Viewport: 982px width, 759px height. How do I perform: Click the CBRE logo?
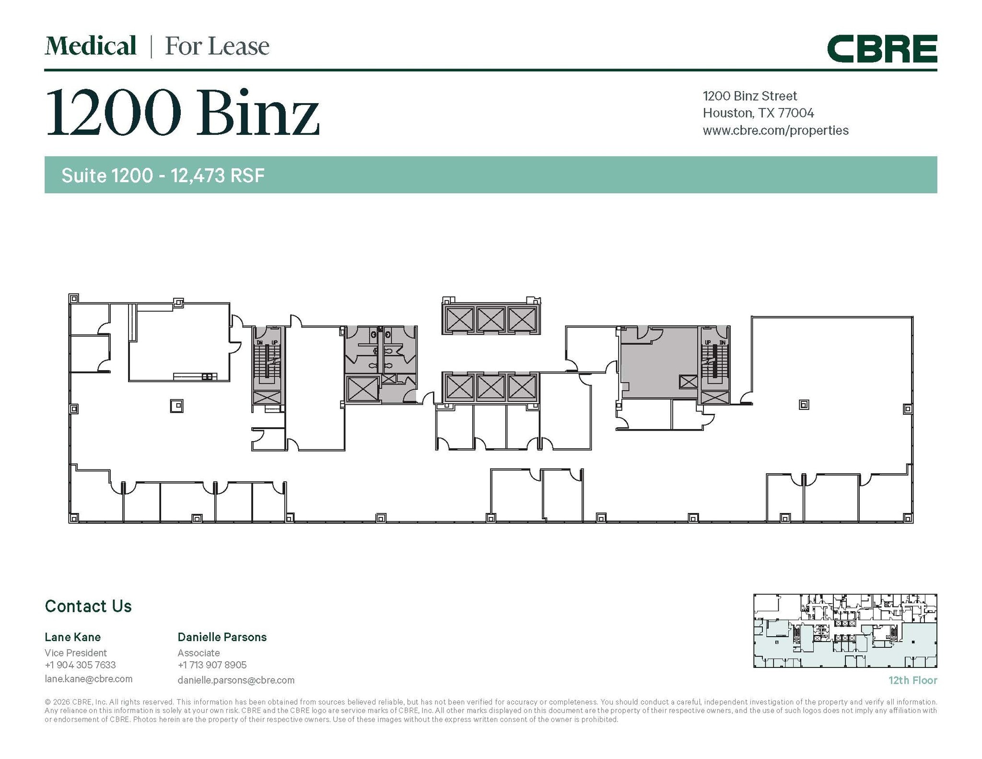point(882,49)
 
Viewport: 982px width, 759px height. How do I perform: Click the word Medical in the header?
point(91,47)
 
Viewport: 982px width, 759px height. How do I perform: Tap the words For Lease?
point(217,47)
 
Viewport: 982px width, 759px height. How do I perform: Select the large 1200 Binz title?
point(182,113)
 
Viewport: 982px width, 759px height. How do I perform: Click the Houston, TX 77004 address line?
point(758,113)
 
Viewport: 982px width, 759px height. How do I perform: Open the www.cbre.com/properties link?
point(775,130)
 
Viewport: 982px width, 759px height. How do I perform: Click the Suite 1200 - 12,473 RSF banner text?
point(163,175)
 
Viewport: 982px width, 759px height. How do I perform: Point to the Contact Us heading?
point(88,606)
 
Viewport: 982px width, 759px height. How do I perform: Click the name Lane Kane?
point(72,637)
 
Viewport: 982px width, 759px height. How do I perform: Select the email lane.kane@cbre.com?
point(88,679)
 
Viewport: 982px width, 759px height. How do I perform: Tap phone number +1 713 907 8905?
point(212,665)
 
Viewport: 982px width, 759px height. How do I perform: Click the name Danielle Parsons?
point(222,637)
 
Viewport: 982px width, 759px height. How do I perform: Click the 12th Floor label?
point(912,680)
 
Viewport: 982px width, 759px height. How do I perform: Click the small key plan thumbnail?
point(845,631)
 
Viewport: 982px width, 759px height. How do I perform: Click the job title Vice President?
point(75,653)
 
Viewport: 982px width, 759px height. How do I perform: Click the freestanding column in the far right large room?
point(804,405)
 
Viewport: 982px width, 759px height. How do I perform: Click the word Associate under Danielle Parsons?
point(199,653)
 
